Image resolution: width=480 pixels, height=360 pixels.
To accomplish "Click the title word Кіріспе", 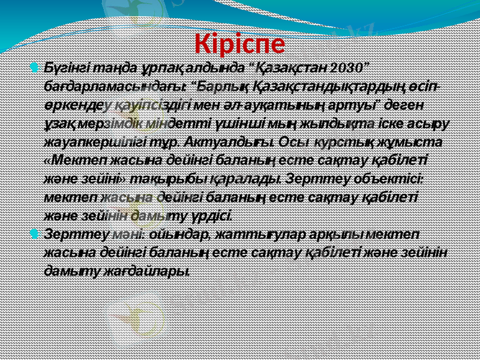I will (x=240, y=43).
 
